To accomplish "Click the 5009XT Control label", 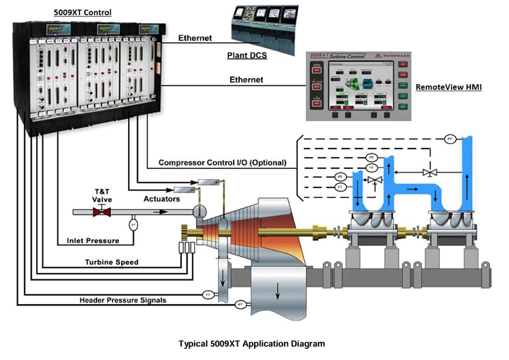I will [x=83, y=12].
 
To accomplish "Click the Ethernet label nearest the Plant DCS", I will [x=195, y=37].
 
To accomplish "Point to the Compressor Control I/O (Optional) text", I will [x=223, y=163].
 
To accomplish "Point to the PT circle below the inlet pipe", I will [x=133, y=225].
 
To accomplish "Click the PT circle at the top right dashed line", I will [x=450, y=139].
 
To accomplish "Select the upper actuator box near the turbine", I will [x=210, y=183].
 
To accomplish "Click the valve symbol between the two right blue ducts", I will [x=426, y=172].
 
